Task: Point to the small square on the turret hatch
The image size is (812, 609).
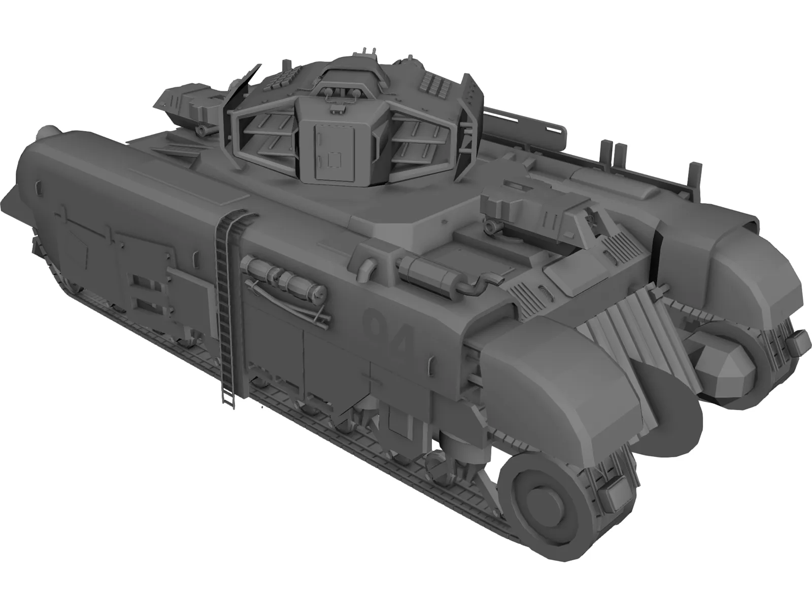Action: click(x=333, y=161)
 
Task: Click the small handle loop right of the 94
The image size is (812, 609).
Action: click(x=433, y=363)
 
